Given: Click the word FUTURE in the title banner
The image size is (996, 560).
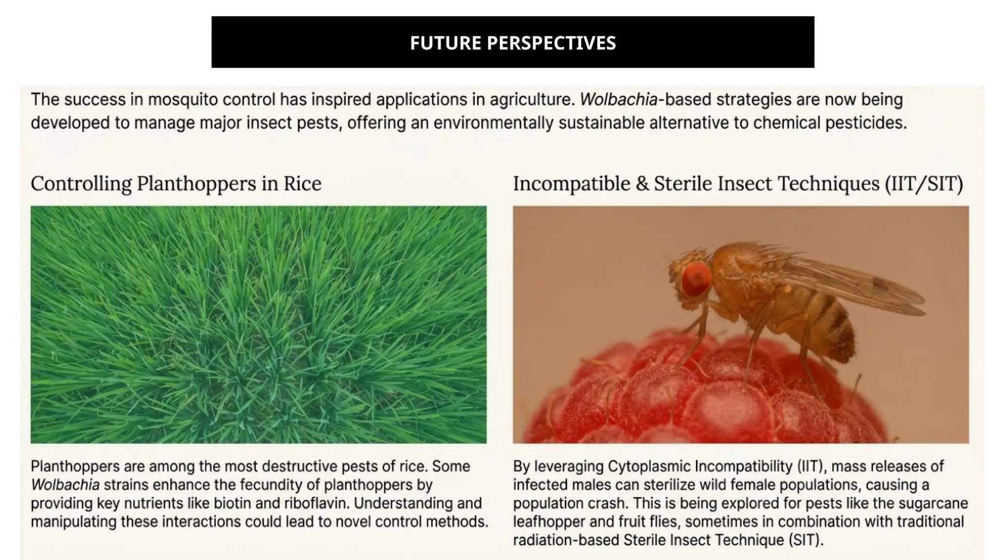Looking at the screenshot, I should point(445,43).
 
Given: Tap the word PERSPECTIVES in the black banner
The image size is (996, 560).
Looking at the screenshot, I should point(551,43).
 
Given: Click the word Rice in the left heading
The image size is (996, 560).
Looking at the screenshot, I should point(302,184).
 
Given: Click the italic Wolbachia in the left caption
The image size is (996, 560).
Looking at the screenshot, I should point(65,485).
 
